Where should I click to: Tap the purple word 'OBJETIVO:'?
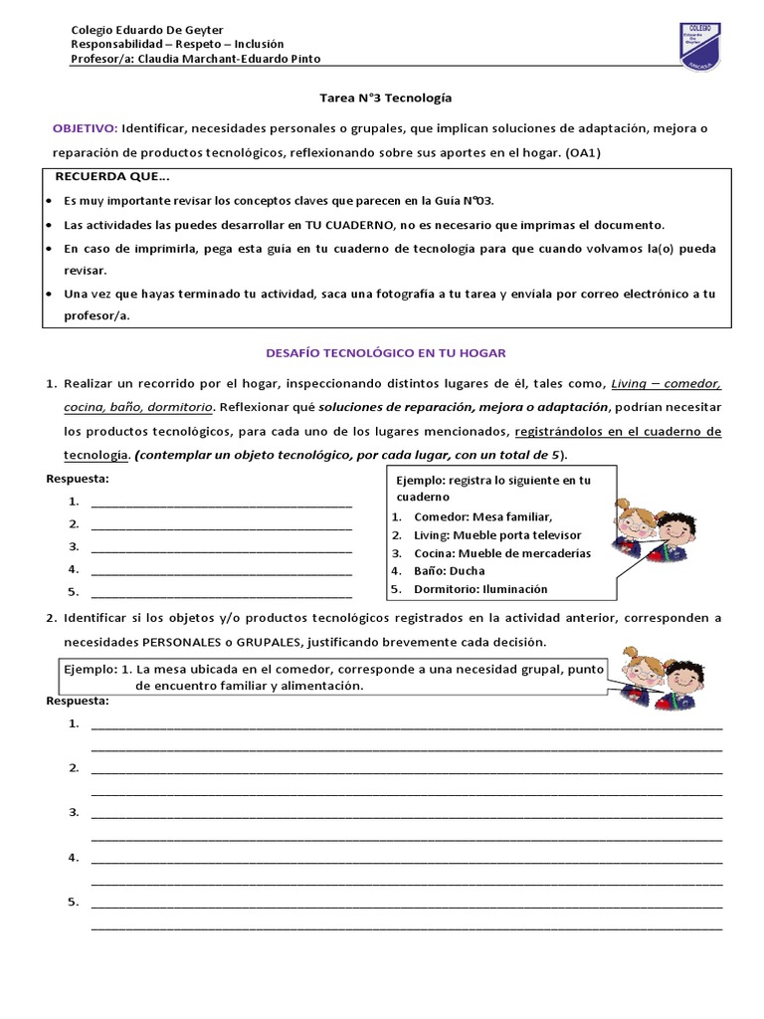(x=85, y=128)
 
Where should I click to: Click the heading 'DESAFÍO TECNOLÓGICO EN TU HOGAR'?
(x=385, y=352)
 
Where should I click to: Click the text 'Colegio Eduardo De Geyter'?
(x=147, y=31)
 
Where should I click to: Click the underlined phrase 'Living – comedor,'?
(x=666, y=383)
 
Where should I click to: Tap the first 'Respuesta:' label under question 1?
(x=78, y=480)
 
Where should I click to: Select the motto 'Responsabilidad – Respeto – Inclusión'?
(x=178, y=45)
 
